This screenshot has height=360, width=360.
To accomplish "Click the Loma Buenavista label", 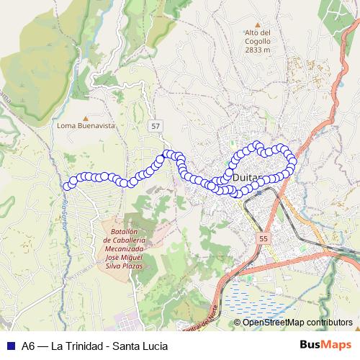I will click(86, 125).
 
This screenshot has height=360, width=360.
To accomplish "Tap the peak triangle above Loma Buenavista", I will click(86, 117).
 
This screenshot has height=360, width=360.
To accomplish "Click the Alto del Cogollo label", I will click(257, 32).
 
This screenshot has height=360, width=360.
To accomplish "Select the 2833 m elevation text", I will click(257, 50).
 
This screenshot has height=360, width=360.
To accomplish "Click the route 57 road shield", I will click(156, 125).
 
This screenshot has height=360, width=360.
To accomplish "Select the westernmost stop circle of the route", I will click(68, 186).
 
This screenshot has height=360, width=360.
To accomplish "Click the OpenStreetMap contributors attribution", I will click(297, 322).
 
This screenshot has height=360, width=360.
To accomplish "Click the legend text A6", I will click(28, 344).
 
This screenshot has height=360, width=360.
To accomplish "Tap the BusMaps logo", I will click(325, 344).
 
